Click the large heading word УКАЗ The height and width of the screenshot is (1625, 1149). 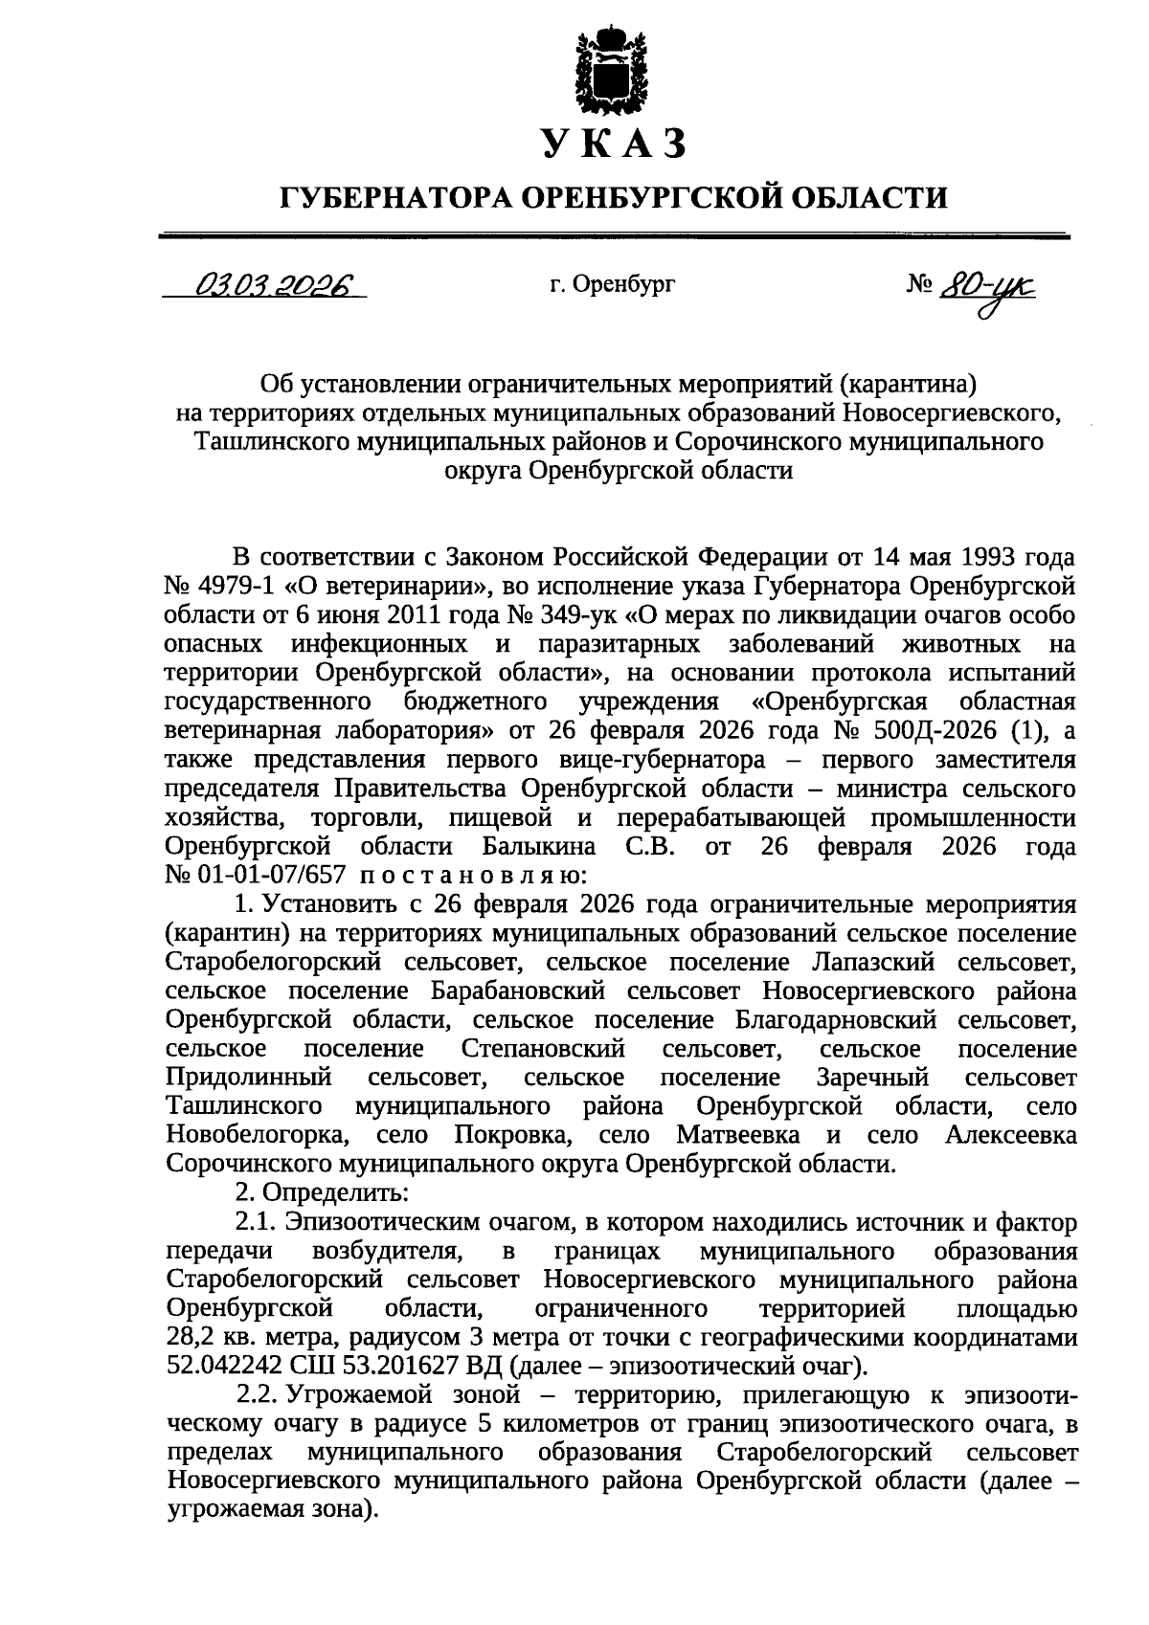click(614, 144)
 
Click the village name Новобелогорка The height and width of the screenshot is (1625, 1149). click(256, 1135)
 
